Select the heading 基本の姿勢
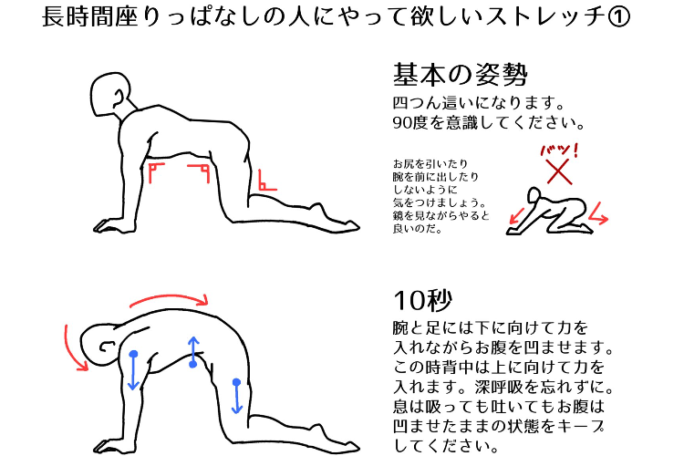pos(461,74)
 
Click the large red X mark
pos(557,169)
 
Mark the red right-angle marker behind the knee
pos(265,180)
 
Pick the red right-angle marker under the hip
pos(203,171)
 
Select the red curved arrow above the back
pos(170,296)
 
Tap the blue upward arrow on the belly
pos(192,351)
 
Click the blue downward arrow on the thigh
pos(237,395)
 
